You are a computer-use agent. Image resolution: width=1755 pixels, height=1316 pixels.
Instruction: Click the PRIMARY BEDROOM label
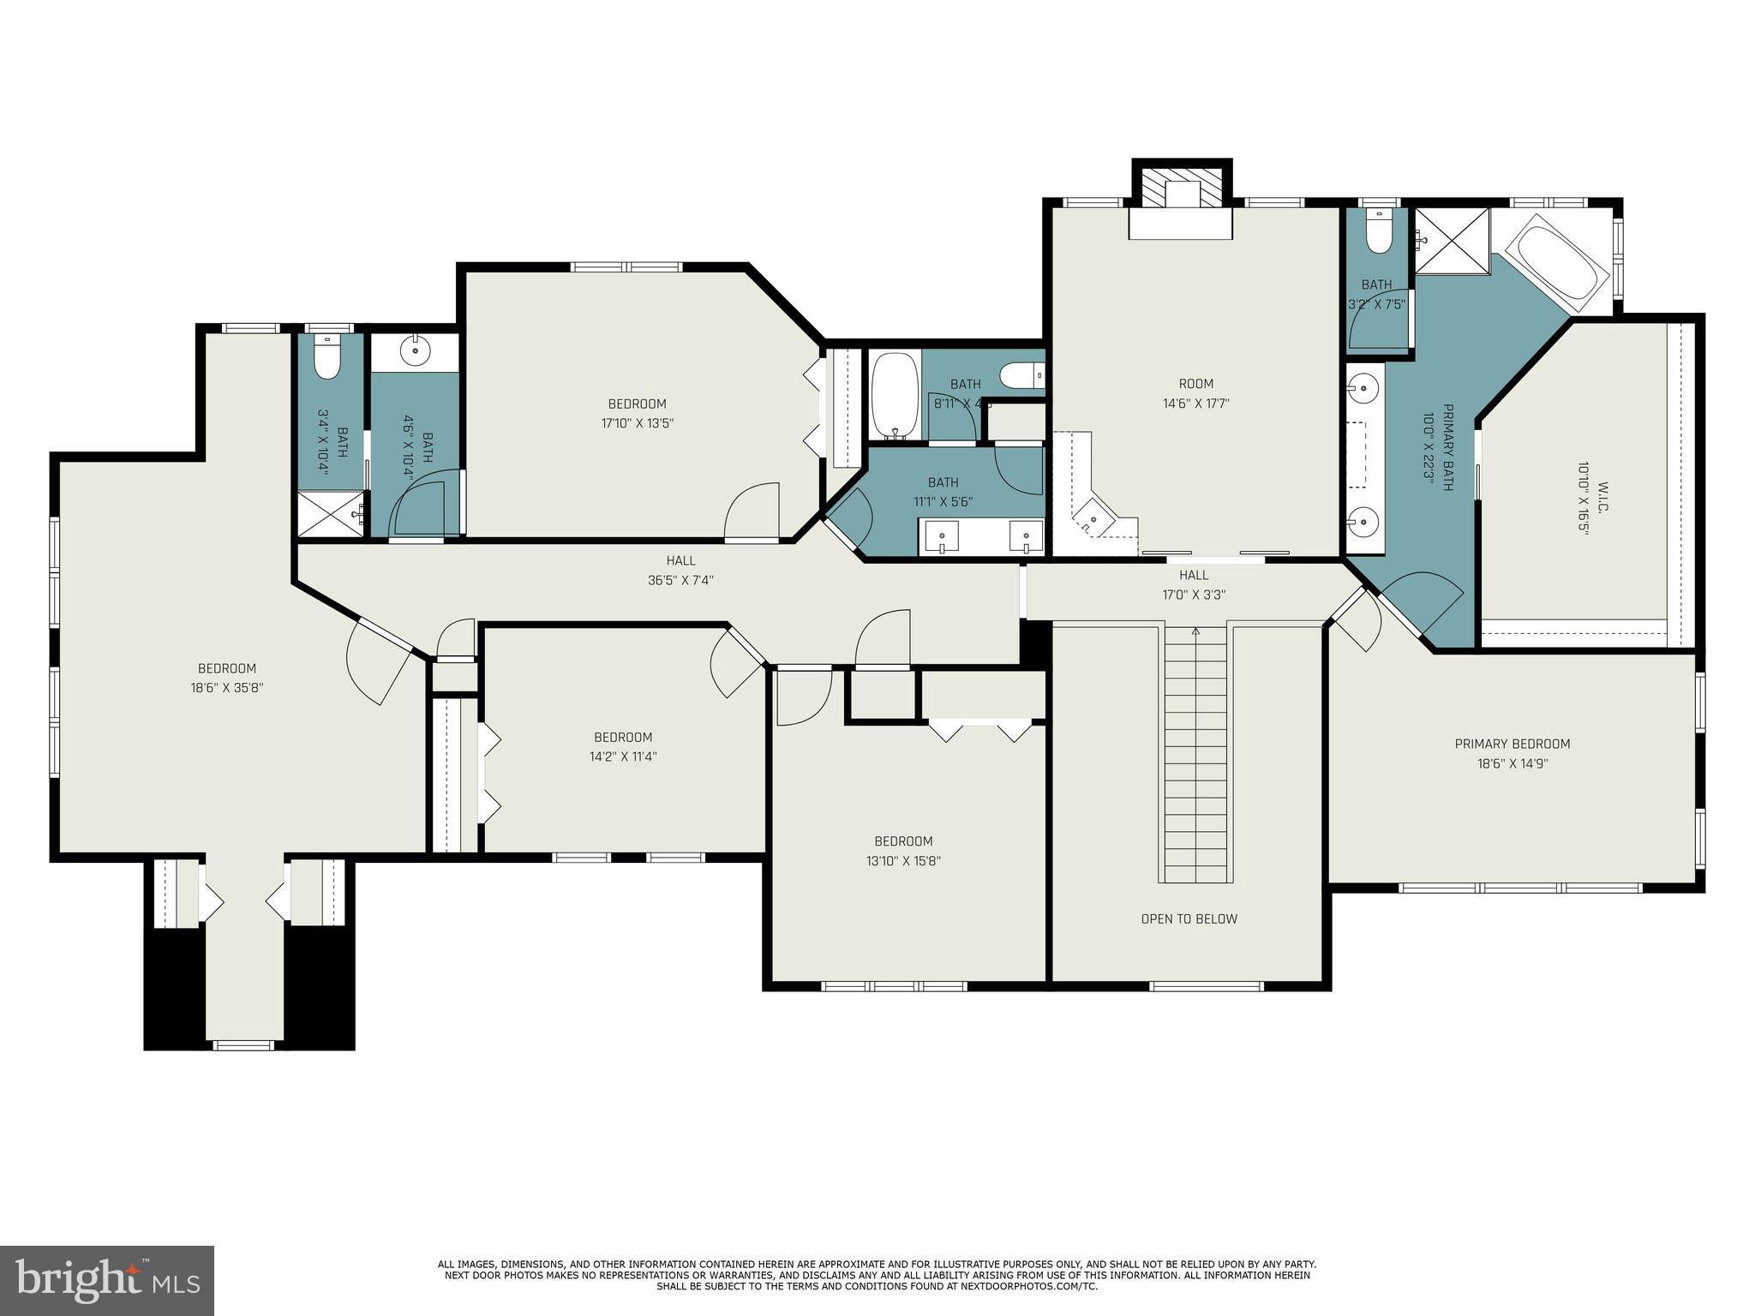pos(1512,744)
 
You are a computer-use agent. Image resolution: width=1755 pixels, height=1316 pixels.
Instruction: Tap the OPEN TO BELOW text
pos(1189,918)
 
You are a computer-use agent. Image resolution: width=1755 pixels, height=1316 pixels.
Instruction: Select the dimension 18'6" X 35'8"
pos(226,687)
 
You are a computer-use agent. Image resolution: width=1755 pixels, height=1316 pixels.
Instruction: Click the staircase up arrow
pos(1195,632)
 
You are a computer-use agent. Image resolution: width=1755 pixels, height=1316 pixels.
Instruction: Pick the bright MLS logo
pos(107,1280)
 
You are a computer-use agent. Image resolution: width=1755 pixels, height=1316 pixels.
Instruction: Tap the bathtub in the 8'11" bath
pos(894,396)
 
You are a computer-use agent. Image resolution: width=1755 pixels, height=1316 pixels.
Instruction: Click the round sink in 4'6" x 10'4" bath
pos(416,350)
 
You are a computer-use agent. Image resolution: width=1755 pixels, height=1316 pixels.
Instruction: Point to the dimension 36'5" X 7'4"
pos(680,580)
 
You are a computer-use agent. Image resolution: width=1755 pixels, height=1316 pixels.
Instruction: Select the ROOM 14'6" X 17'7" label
pos(1195,393)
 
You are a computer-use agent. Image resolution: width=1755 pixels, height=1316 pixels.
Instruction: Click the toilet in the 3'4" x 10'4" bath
pos(327,358)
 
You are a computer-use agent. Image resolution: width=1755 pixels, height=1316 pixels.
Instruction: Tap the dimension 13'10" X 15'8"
pos(903,861)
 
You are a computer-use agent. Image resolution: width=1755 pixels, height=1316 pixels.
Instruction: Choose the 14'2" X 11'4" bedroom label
pos(623,746)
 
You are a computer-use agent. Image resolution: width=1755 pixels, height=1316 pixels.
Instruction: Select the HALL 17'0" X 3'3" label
pos(1194,584)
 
